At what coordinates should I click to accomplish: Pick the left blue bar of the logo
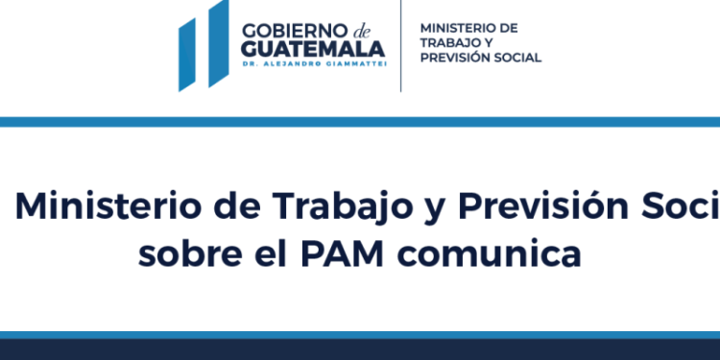coord(189,53)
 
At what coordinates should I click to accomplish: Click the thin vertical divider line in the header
coord(401,45)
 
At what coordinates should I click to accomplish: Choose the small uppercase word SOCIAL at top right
coord(516,58)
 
